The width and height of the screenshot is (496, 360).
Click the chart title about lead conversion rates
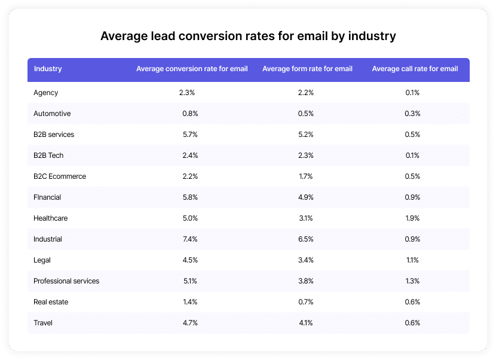coord(248,36)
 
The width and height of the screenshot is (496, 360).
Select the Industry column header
coord(48,69)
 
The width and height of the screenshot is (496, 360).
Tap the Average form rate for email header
coord(307,69)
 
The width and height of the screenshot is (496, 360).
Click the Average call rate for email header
coord(415,69)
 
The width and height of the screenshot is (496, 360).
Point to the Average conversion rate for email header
coord(192,69)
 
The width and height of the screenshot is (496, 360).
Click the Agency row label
coord(46,93)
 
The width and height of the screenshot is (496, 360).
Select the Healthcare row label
coord(51,218)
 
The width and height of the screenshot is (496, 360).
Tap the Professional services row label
coord(66,281)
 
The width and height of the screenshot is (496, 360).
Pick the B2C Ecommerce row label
coord(60,176)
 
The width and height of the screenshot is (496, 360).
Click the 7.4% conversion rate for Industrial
coord(190,239)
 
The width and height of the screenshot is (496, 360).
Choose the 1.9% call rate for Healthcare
coord(412,218)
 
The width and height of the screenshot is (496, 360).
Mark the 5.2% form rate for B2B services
coord(305,135)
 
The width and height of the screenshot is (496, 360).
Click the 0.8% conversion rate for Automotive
coord(190,114)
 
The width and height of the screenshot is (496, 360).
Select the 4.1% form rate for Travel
coord(305,323)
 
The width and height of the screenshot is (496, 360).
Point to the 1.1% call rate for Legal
coord(412,260)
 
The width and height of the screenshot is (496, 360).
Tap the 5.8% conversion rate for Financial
coord(190,197)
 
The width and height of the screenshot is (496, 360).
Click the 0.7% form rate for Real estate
coord(305,302)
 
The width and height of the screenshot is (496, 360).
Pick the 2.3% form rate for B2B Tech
coord(305,155)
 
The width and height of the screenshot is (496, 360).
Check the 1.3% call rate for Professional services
coord(412,281)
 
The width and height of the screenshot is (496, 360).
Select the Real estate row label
coord(51,302)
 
